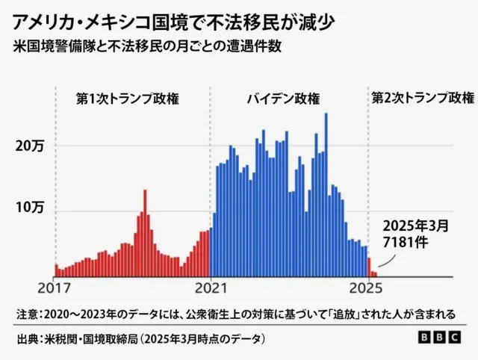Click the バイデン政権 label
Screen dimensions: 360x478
[x=283, y=98]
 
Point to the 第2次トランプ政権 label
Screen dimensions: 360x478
[x=423, y=98]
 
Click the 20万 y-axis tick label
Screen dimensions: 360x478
[x=31, y=147]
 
